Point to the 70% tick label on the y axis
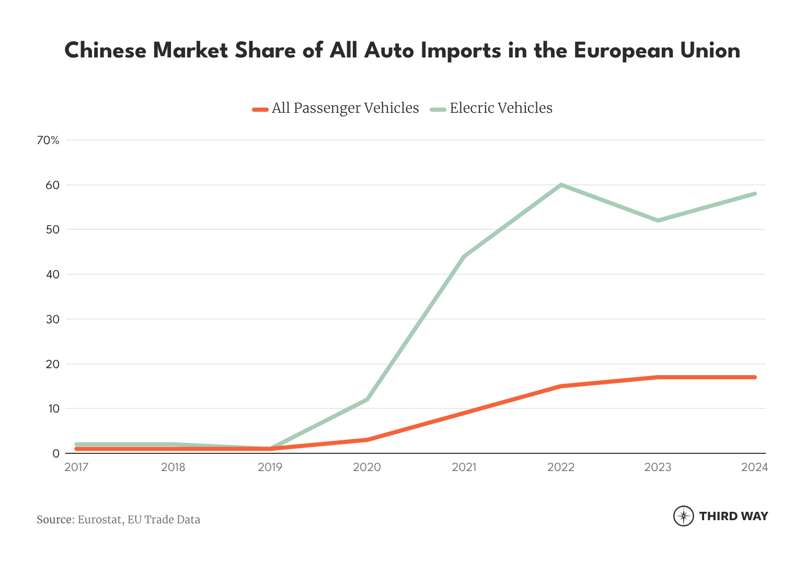pyautogui.click(x=48, y=140)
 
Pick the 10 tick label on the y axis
pyautogui.click(x=53, y=408)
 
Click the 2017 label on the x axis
pyautogui.click(x=76, y=467)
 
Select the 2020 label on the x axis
pyautogui.click(x=367, y=467)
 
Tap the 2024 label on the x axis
pyautogui.click(x=754, y=467)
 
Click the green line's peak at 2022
pyautogui.click(x=561, y=185)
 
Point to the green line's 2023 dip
pyautogui.click(x=658, y=220)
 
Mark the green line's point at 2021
pyautogui.click(x=464, y=256)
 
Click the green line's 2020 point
pyautogui.click(x=367, y=400)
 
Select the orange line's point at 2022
pyautogui.click(x=561, y=386)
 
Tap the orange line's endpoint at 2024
pyautogui.click(x=754, y=377)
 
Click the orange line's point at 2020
pyautogui.click(x=367, y=440)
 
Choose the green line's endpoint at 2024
pyautogui.click(x=754, y=194)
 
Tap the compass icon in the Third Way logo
pyautogui.click(x=683, y=516)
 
